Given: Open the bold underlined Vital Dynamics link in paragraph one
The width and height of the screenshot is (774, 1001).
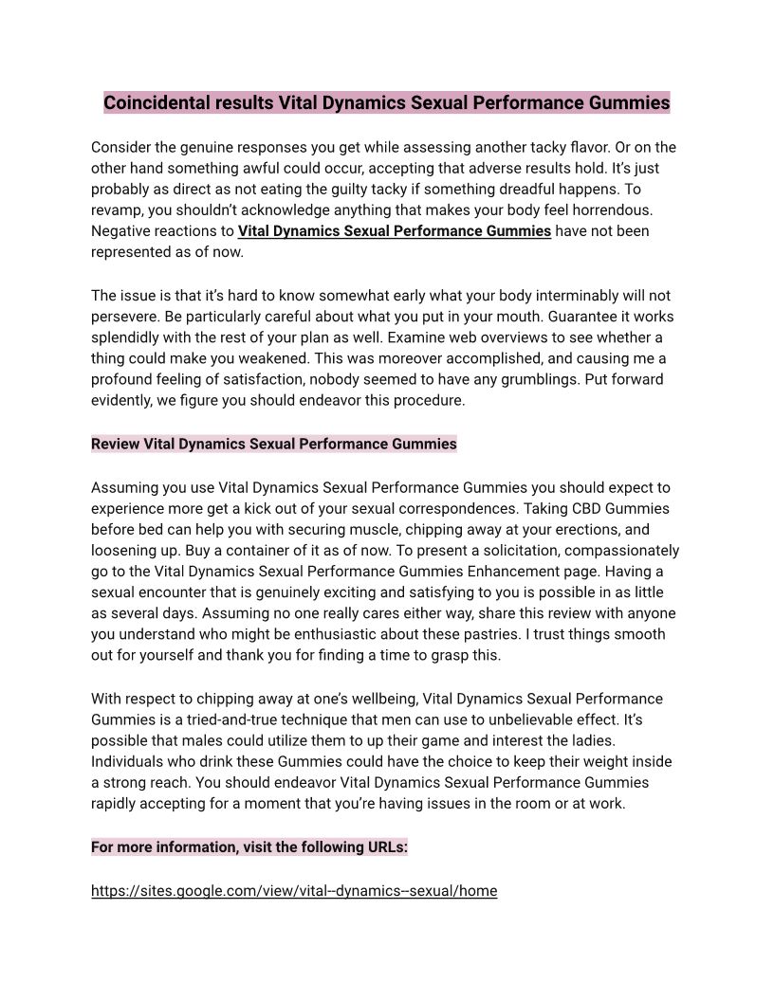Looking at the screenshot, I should click(394, 230).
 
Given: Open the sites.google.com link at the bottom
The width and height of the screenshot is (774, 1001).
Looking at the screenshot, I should click(293, 891).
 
